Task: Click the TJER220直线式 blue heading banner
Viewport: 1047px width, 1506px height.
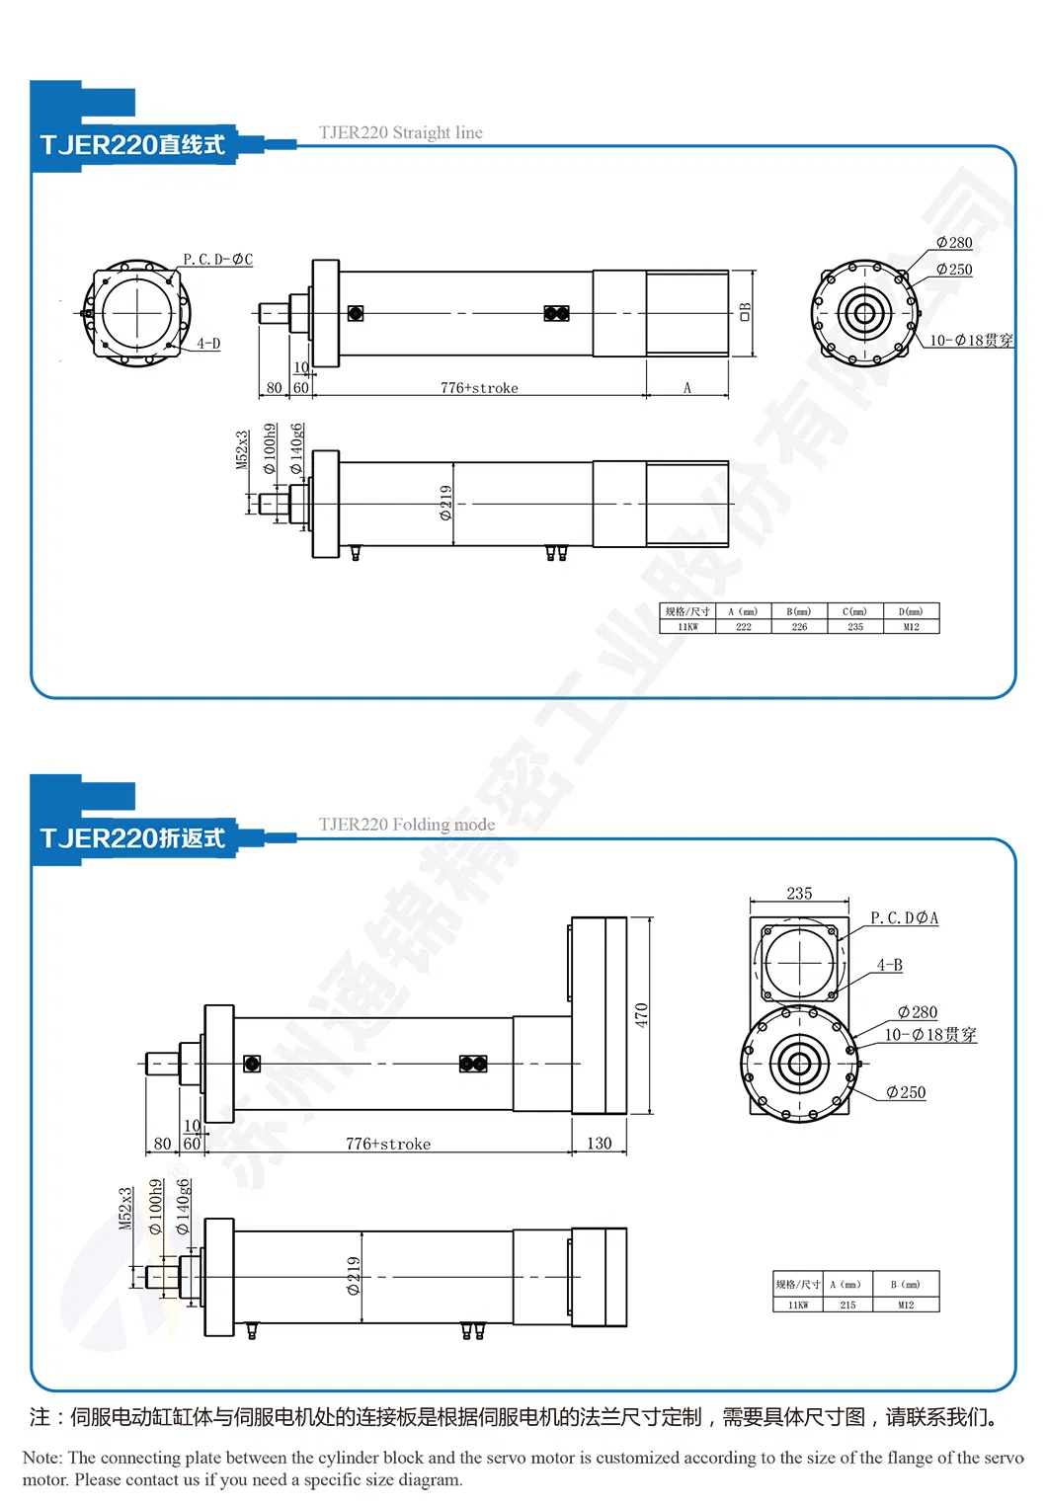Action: coord(132,145)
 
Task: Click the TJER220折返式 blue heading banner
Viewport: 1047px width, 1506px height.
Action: coord(132,838)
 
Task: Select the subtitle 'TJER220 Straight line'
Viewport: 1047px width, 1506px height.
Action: coord(400,132)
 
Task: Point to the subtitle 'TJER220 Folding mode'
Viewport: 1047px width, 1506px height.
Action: coord(406,825)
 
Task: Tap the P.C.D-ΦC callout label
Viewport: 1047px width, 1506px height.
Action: coord(217,259)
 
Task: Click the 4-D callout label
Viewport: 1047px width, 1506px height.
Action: coord(207,344)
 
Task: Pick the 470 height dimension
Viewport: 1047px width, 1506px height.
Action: coord(641,1014)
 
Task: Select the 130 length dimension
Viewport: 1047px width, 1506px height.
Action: coord(599,1144)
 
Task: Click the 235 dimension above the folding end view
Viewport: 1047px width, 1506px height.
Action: coord(799,893)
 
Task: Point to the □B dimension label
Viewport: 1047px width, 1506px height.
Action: coord(745,311)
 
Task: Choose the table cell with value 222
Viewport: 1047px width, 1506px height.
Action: coord(744,627)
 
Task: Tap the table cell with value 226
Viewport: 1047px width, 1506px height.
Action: coord(799,627)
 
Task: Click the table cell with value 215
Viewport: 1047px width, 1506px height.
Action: coord(847,1305)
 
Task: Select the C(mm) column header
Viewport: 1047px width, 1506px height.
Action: coord(854,611)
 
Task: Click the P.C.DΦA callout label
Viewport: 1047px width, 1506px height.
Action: coord(904,918)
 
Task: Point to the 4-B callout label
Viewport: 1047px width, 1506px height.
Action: coord(889,965)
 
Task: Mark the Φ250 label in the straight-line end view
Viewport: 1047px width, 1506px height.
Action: coord(953,269)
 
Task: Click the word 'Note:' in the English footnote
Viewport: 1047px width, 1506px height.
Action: coord(41,1458)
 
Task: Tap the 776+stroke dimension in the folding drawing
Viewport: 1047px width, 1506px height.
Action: coord(387,1144)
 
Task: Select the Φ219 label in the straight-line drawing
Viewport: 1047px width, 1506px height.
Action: coord(445,503)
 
